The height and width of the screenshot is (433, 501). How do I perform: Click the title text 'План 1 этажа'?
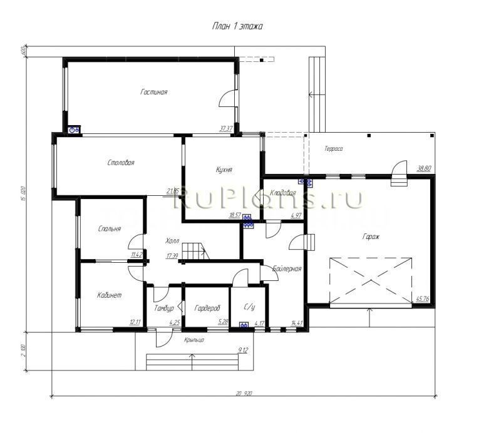238,27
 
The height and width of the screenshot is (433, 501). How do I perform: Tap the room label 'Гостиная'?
153,92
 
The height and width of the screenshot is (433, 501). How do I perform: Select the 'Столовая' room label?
121,163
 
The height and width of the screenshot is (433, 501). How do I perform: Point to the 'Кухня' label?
224,170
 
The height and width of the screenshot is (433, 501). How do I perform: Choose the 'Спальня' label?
110,229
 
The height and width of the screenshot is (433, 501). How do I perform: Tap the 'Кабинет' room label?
110,295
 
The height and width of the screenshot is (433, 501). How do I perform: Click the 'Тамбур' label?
164,308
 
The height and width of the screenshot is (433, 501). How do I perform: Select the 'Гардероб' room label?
207,308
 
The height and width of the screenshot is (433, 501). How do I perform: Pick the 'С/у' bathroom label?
249,308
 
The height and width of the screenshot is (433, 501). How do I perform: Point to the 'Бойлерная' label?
288,269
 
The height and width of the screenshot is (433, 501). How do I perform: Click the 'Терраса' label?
334,149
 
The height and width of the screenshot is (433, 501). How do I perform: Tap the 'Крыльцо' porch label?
194,340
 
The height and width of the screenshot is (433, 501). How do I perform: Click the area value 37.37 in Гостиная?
225,128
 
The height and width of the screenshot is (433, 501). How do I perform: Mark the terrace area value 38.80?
424,168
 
